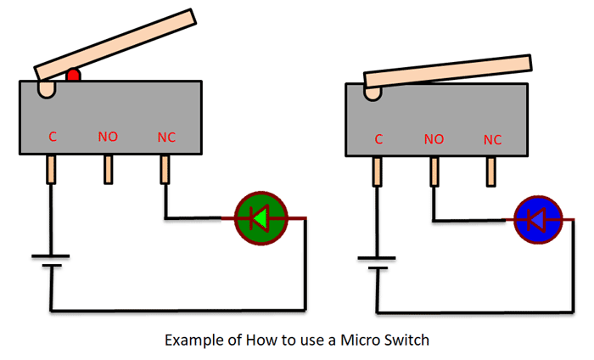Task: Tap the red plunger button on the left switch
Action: pyautogui.click(x=74, y=76)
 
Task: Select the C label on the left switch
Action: pyautogui.click(x=53, y=136)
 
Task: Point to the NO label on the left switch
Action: pyautogui.click(x=108, y=136)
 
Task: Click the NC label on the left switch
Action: pyautogui.click(x=166, y=136)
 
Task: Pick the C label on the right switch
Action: pyautogui.click(x=378, y=139)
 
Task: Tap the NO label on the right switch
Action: pyautogui.click(x=434, y=139)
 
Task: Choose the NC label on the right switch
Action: pyautogui.click(x=492, y=139)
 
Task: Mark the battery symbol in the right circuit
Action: pyautogui.click(x=378, y=263)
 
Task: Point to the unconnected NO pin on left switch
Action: pyautogui.click(x=109, y=170)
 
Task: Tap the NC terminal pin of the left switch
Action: pyautogui.click(x=165, y=170)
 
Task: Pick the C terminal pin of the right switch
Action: pyautogui.click(x=378, y=172)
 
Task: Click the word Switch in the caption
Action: pyautogui.click(x=408, y=340)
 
